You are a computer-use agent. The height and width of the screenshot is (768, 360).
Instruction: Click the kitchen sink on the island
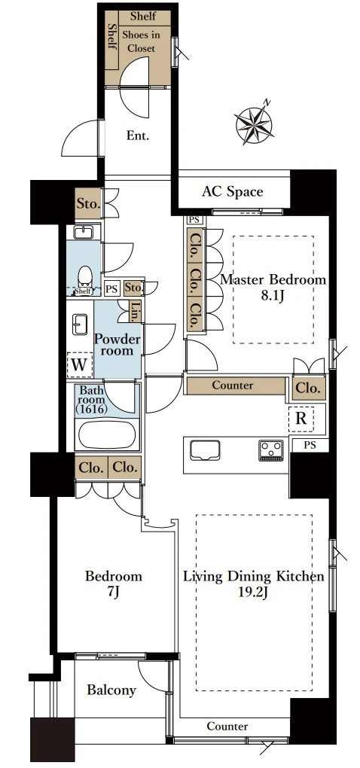tap(205, 450)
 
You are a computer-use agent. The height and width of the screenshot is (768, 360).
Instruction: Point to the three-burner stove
tap(271, 450)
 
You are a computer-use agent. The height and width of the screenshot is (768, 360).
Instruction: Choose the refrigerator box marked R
tap(301, 419)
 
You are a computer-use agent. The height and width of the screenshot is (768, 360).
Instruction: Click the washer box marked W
tap(79, 365)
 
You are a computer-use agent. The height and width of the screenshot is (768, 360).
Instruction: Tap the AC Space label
tap(232, 191)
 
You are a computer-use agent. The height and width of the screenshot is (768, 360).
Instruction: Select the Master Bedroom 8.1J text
tap(273, 287)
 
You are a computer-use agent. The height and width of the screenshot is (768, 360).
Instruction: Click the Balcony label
tap(111, 690)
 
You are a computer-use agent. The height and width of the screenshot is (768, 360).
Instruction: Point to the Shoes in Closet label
tap(139, 41)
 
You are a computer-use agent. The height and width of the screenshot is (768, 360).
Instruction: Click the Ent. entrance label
tap(137, 136)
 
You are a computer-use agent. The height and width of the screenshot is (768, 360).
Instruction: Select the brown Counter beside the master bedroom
tap(236, 386)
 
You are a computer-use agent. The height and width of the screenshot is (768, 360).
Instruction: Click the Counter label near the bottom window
tap(227, 727)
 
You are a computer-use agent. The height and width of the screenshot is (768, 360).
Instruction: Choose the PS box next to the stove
tap(310, 445)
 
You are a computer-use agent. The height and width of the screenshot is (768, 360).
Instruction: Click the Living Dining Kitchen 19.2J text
tap(254, 584)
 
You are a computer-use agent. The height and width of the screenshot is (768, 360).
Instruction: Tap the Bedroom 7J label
tap(114, 584)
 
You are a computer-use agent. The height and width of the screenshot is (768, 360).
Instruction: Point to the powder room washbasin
tap(80, 325)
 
